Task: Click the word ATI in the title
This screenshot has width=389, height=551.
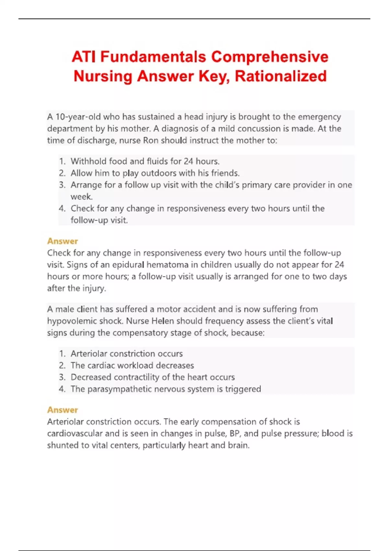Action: point(84,57)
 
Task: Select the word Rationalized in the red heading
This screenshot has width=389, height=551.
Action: point(280,76)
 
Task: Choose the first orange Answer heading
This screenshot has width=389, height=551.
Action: point(63,241)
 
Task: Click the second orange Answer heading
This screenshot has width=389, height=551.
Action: point(63,410)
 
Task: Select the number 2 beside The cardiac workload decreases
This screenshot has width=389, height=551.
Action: point(62,366)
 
